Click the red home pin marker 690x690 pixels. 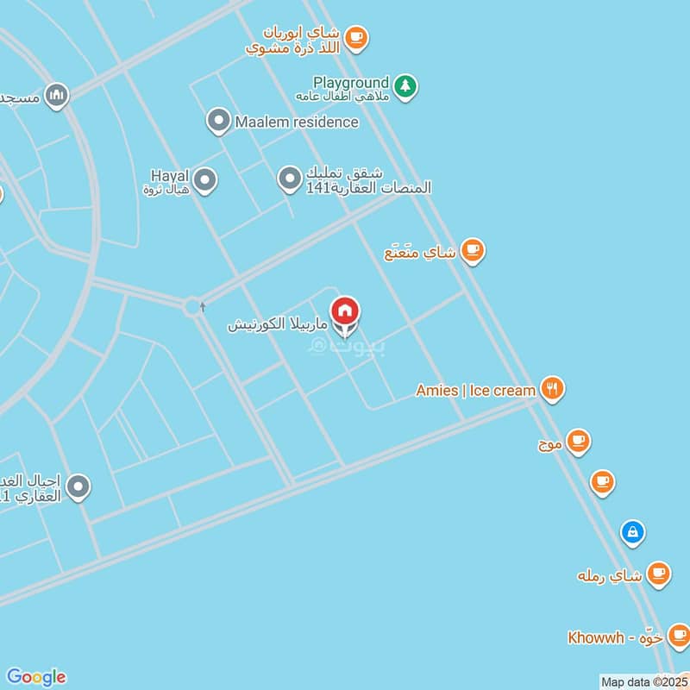pyautogui.click(x=346, y=311)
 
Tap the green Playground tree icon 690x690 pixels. pyautogui.click(x=405, y=85)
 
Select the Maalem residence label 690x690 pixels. pyautogui.click(x=296, y=122)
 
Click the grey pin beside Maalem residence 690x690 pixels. pyautogui.click(x=219, y=122)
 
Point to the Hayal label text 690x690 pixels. pyautogui.click(x=163, y=174)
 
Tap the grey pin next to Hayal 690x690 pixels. pyautogui.click(x=204, y=180)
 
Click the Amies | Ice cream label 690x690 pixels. pyautogui.click(x=476, y=390)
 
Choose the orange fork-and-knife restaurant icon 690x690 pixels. pyautogui.click(x=552, y=390)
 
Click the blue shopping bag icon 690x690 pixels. pyautogui.click(x=633, y=532)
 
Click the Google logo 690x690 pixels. pyautogui.click(x=35, y=676)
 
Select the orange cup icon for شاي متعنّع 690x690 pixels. pyautogui.click(x=472, y=251)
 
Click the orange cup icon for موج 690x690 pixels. pyautogui.click(x=579, y=442)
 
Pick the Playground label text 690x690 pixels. pyautogui.click(x=351, y=83)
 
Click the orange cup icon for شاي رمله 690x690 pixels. pyautogui.click(x=659, y=574)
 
